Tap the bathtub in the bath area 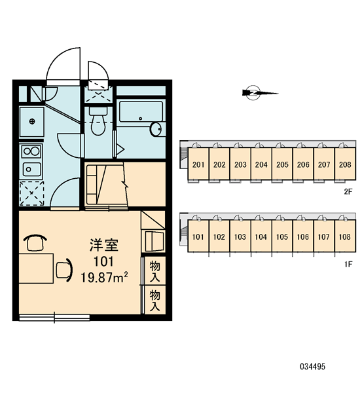(x=141, y=111)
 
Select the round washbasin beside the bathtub (x=156, y=129)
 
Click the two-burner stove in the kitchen (x=31, y=151)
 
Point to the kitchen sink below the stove (x=32, y=169)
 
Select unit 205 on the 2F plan (x=282, y=164)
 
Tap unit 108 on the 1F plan (x=345, y=236)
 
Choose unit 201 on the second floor (x=198, y=164)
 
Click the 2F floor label (x=348, y=192)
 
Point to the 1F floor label (x=348, y=264)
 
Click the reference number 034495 (x=313, y=367)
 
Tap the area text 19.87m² (x=104, y=278)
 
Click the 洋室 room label (x=104, y=245)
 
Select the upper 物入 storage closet (x=155, y=271)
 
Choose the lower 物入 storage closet (x=155, y=300)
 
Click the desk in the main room (x=36, y=269)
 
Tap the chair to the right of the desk (x=64, y=270)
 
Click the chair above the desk (x=35, y=242)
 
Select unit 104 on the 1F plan (x=261, y=236)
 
